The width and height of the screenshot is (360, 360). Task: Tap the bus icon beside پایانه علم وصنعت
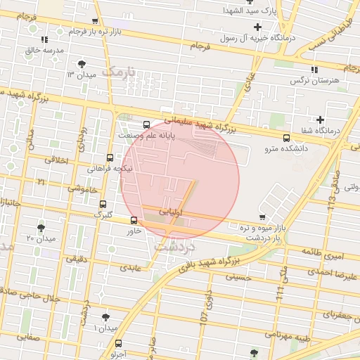tap(146, 124)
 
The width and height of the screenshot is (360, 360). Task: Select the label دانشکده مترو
tap(286, 148)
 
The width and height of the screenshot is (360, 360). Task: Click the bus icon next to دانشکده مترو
tap(286, 138)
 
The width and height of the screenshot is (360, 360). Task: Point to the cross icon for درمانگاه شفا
tap(321, 120)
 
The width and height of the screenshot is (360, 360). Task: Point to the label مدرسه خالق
tap(44, 51)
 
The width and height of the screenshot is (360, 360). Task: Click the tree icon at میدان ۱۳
tap(84, 64)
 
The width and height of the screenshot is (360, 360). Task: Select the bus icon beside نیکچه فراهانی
tap(110, 157)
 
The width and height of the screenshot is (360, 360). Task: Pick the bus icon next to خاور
tap(134, 220)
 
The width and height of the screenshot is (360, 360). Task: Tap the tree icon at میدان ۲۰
tap(41, 228)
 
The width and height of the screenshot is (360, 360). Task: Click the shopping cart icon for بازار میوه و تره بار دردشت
tap(262, 217)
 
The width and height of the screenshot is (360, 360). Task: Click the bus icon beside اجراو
tap(117, 343)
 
